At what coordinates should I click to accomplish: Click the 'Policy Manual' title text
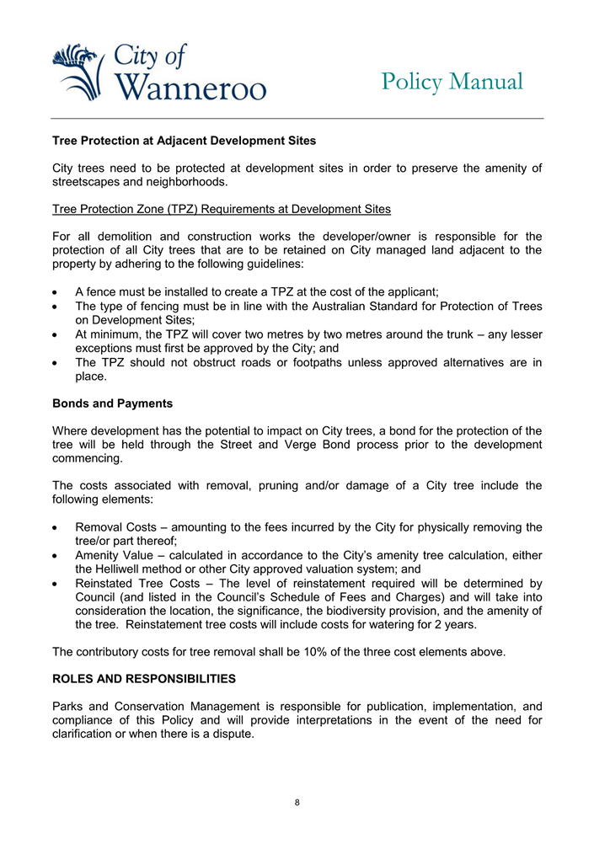pos(452,82)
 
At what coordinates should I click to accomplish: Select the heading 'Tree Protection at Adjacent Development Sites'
pos(184,141)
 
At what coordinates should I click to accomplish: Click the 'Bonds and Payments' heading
pos(112,403)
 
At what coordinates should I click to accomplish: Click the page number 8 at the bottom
pos(297,802)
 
